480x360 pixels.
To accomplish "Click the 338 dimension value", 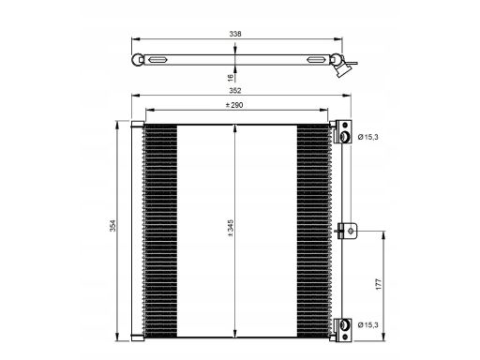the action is tap(235, 34).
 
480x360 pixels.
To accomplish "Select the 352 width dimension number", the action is tap(235, 91).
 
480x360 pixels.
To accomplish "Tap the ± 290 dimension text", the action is tap(234, 105).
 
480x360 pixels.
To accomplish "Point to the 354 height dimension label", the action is tap(112, 226).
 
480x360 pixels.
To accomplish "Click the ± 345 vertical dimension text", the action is tap(231, 228).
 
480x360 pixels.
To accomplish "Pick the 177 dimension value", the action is tap(379, 284).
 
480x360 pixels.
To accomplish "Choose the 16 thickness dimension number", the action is tap(231, 78).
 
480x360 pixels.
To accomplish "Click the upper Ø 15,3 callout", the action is tap(368, 137).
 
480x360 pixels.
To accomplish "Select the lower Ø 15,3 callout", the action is tap(368, 325).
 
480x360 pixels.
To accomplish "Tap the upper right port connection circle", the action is tap(345, 137).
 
